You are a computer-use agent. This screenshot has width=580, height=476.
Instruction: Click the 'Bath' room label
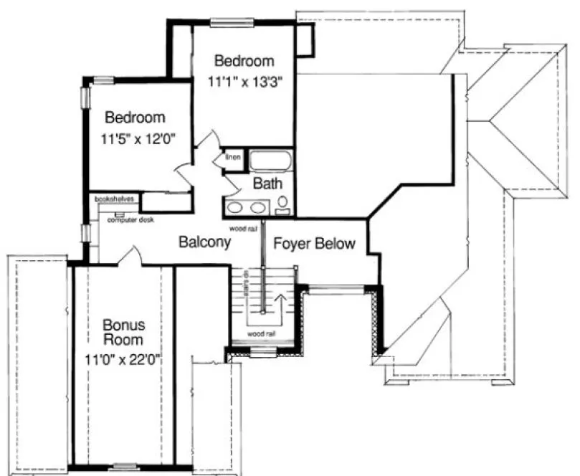[267, 184]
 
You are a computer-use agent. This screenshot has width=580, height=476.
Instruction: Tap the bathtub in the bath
[269, 161]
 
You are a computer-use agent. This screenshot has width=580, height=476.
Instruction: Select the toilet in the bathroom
[282, 204]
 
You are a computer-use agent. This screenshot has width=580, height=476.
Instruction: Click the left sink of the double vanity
[236, 209]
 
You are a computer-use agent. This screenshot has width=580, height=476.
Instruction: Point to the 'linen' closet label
[233, 156]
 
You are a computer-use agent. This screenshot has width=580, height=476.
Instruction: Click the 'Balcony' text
[204, 242]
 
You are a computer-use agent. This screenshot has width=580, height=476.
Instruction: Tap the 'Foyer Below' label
[314, 244]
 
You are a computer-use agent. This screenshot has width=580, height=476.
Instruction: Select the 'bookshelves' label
[113, 199]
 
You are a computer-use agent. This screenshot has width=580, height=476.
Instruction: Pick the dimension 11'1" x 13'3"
[242, 82]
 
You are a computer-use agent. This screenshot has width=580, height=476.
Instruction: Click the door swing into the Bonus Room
[128, 256]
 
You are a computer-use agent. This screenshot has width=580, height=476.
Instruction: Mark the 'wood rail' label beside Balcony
[243, 229]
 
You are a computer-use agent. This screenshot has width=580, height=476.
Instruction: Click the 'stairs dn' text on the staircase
[245, 285]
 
